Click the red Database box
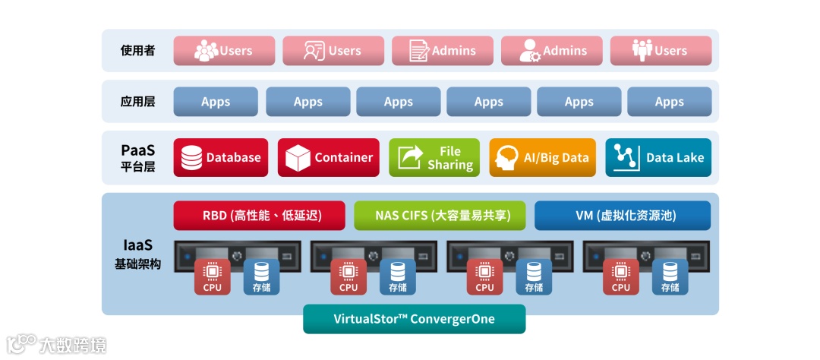tap(221, 157)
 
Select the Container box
tap(329, 157)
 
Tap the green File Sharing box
tap(434, 157)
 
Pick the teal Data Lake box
tap(658, 157)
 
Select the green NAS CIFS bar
tap(440, 215)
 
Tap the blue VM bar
tap(623, 215)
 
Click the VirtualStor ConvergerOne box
tap(414, 319)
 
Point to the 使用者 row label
tap(137, 51)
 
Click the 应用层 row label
tap(137, 101)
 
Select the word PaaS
tap(137, 150)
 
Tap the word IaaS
tap(137, 245)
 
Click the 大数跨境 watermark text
tap(73, 345)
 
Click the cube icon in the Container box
tap(298, 157)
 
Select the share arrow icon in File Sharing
tap(411, 157)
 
